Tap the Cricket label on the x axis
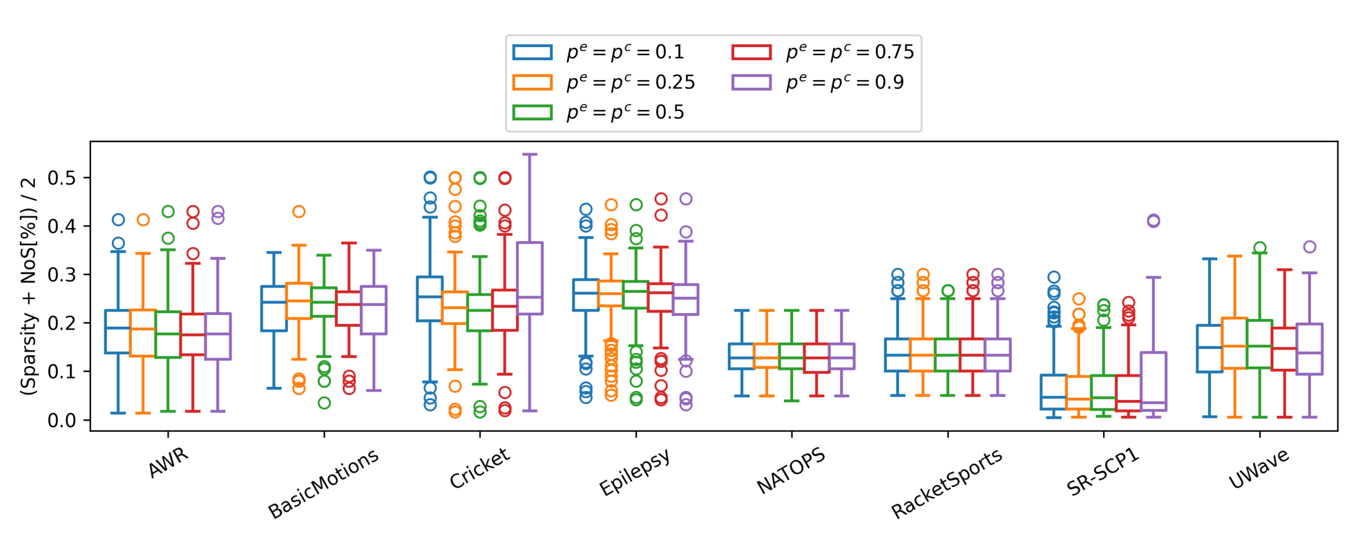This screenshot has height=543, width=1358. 480,468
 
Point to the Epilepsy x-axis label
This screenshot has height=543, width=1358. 635,472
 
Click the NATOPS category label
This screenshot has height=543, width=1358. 791,470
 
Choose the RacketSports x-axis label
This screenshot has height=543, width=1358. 946,483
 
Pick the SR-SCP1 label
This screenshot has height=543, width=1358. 1103,472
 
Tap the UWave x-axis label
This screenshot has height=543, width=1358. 1259,469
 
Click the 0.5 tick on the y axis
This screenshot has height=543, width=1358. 61,178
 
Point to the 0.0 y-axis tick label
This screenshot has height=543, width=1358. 61,420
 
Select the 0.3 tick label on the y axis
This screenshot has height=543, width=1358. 61,275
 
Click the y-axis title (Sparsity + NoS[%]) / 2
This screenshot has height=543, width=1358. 28,287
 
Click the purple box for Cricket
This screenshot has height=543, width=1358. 529,278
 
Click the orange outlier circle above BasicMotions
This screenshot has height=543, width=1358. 299,212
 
